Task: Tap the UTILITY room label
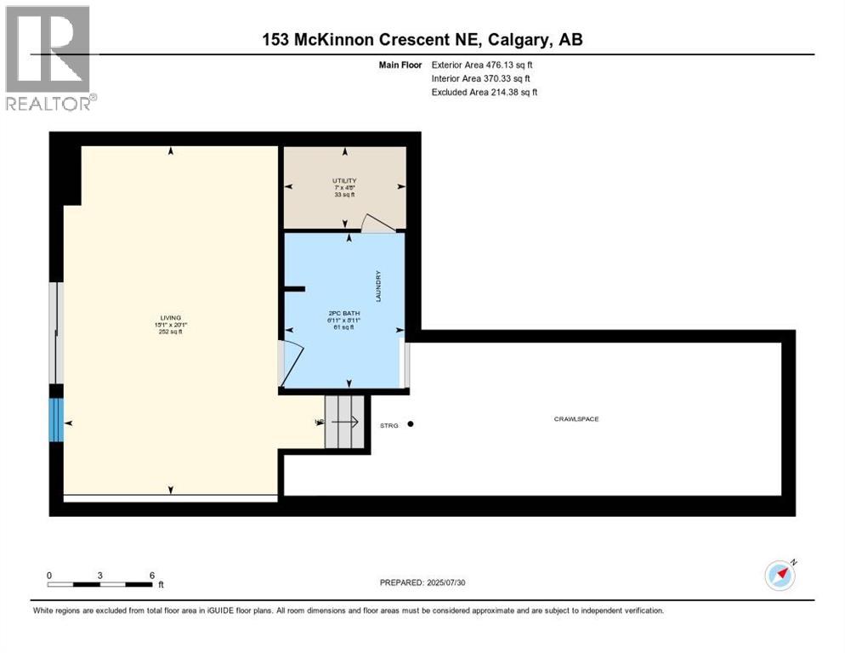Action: pos(344,180)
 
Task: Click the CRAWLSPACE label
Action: pos(577,418)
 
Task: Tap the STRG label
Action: pos(389,424)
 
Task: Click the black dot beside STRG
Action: pos(410,423)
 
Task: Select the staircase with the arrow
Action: pos(344,421)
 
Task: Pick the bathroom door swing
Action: pos(289,362)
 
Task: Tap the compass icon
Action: pos(780,575)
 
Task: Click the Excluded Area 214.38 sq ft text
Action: pos(485,92)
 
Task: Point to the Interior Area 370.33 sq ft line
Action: pos(482,78)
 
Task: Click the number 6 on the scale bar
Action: pos(151,576)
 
